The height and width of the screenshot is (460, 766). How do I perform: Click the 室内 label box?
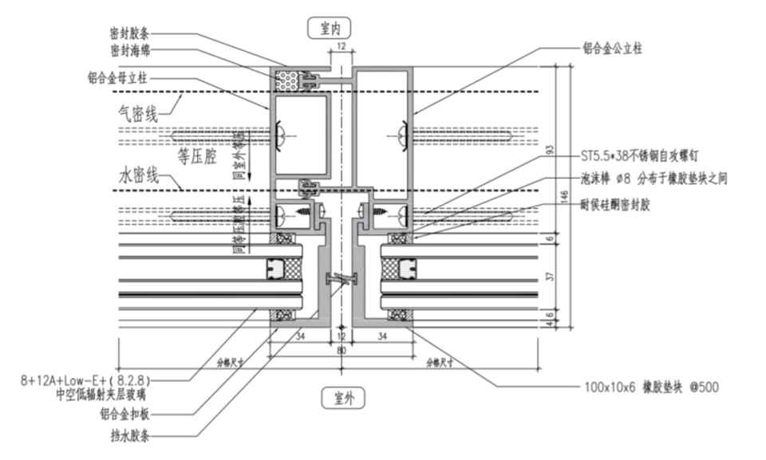point(330,29)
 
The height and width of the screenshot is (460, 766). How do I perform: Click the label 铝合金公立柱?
point(613,49)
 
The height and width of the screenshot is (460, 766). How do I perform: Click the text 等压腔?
point(194,156)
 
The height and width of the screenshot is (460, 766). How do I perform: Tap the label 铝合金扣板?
point(128,414)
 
